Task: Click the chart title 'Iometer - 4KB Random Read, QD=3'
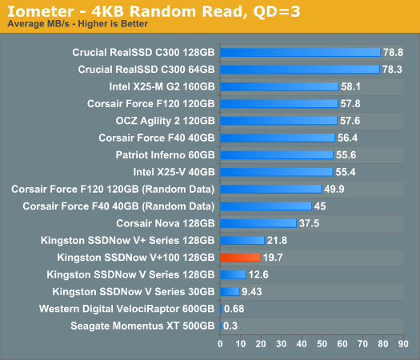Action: coord(154,11)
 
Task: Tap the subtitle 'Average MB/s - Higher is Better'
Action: coord(78,24)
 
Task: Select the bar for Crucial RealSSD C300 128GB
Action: coord(301,53)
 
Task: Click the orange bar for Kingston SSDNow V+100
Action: coord(241,258)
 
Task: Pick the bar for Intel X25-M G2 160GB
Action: coord(280,86)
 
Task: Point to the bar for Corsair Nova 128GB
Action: coord(258,223)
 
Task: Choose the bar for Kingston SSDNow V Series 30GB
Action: coord(230,292)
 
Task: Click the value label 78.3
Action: coord(392,70)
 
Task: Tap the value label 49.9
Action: coord(334,189)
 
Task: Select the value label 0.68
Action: coord(234,309)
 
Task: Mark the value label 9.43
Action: coord(252,292)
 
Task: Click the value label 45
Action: coord(320,206)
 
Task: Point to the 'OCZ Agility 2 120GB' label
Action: coord(166,121)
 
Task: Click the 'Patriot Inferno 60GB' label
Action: coord(166,155)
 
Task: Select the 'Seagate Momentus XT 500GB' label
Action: coord(142,326)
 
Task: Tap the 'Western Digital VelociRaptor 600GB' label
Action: coord(127,309)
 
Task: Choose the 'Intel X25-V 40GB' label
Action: coord(174,172)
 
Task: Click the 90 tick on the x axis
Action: coord(403,344)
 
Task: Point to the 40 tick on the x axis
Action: coord(302,344)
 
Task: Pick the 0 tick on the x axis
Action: coord(220,344)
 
